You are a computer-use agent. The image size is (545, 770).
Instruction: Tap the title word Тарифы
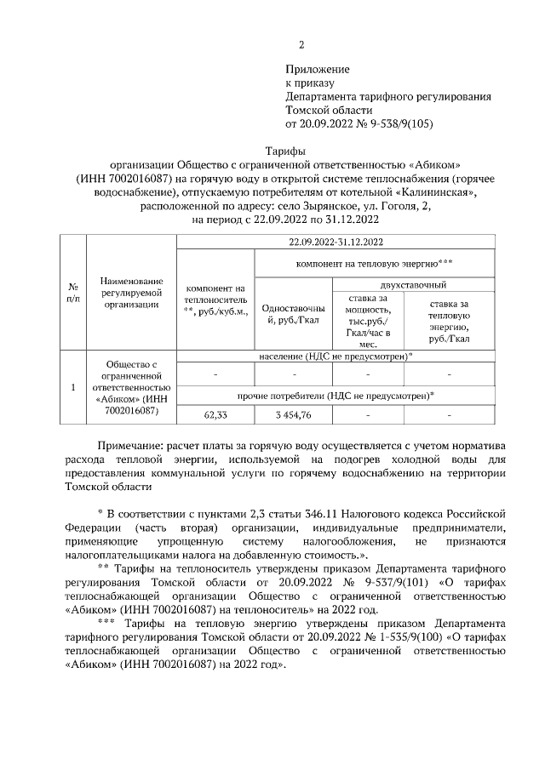[272, 150]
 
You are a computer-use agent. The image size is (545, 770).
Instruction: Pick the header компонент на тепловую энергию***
[369, 265]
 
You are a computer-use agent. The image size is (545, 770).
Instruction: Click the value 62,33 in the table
[215, 414]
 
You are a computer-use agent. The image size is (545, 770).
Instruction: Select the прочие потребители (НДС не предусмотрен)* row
[336, 395]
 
